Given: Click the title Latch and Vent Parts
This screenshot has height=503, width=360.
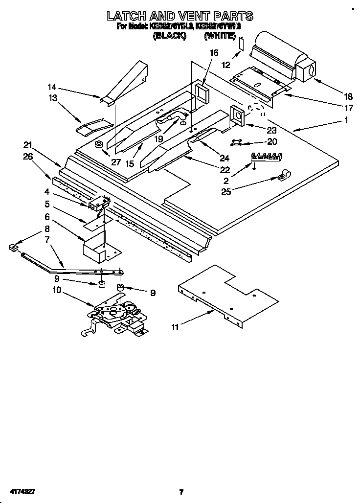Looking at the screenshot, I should pos(180,16).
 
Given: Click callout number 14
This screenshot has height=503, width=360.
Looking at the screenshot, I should pos(52,87).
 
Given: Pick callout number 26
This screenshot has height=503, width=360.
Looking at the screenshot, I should pos(28,157).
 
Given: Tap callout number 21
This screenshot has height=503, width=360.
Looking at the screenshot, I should pos(28,145).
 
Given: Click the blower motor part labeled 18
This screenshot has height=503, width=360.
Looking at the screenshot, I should pos(284,61).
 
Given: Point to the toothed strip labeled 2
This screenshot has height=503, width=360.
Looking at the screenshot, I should pos(267,157).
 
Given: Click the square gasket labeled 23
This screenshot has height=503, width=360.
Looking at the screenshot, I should pos(238,115).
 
